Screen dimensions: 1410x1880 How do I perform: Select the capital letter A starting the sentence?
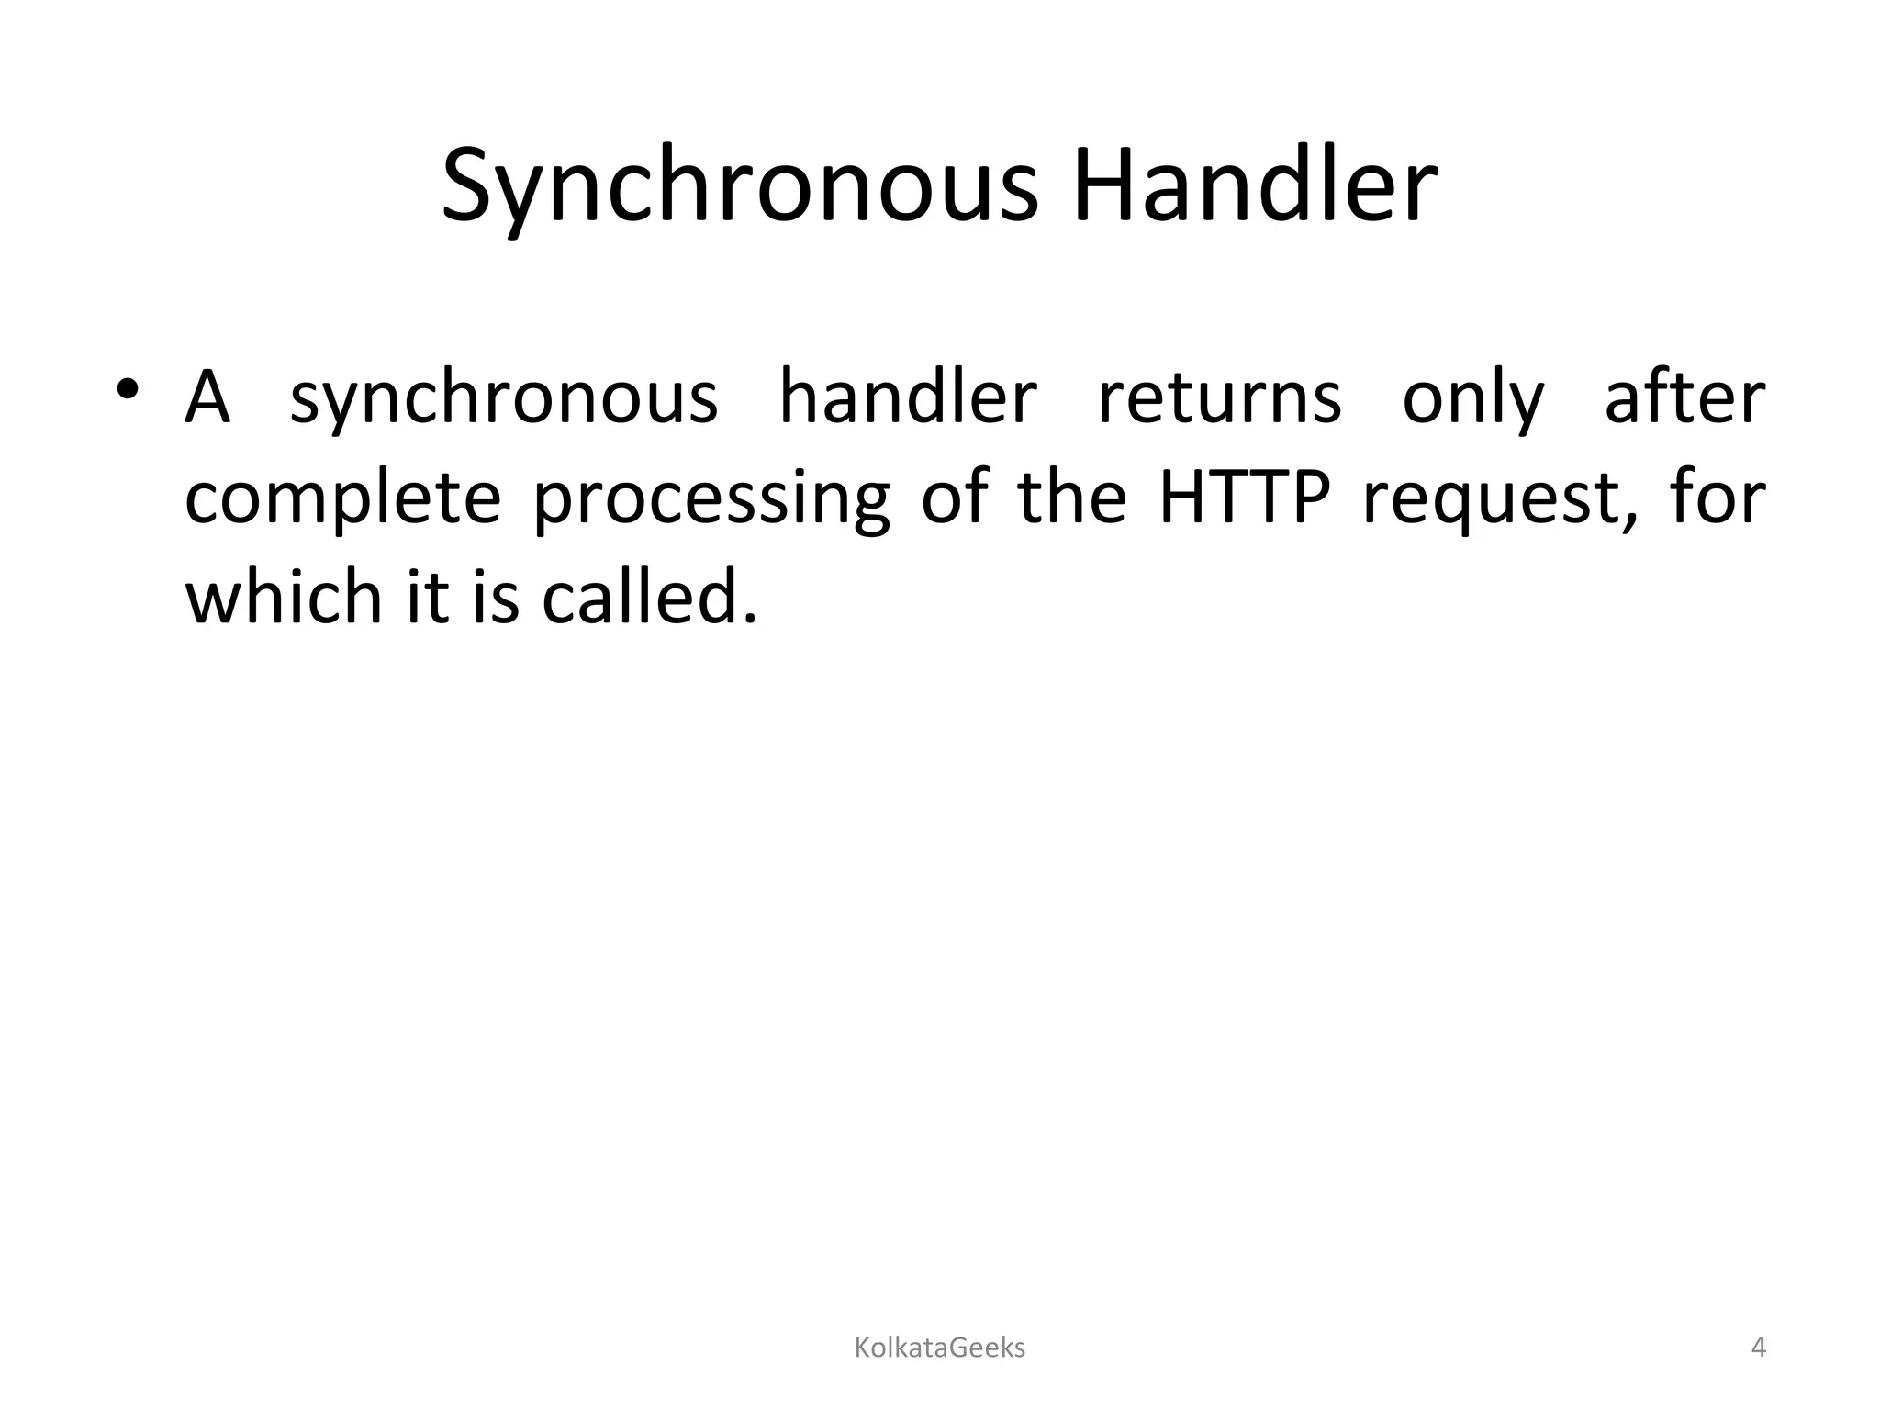coord(207,399)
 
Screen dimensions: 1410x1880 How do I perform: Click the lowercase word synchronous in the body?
coord(503,399)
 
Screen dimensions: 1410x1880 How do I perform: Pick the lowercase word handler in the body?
coord(908,399)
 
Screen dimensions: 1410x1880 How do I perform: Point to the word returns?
coord(1220,399)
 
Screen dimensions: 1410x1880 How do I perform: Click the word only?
coord(1473,399)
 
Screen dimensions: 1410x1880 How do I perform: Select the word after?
coord(1684,399)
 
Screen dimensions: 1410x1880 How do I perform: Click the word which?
coord(283,598)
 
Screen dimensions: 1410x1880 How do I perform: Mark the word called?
coord(650,598)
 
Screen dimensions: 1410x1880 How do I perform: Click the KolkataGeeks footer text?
coord(939,1348)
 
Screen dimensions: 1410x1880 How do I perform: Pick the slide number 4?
coord(1758,1348)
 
